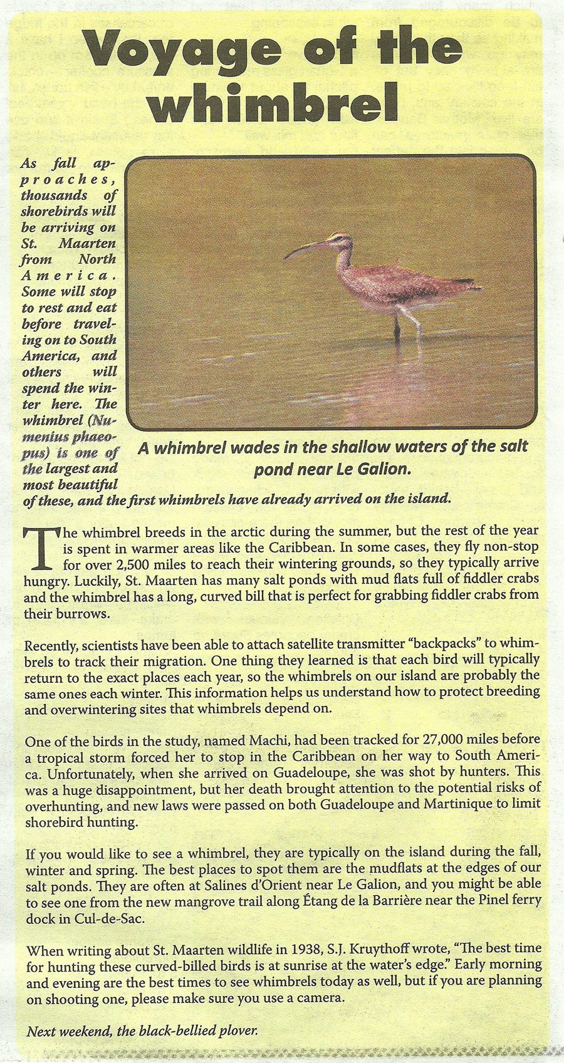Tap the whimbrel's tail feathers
pos(467,285)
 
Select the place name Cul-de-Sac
pos(79,918)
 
